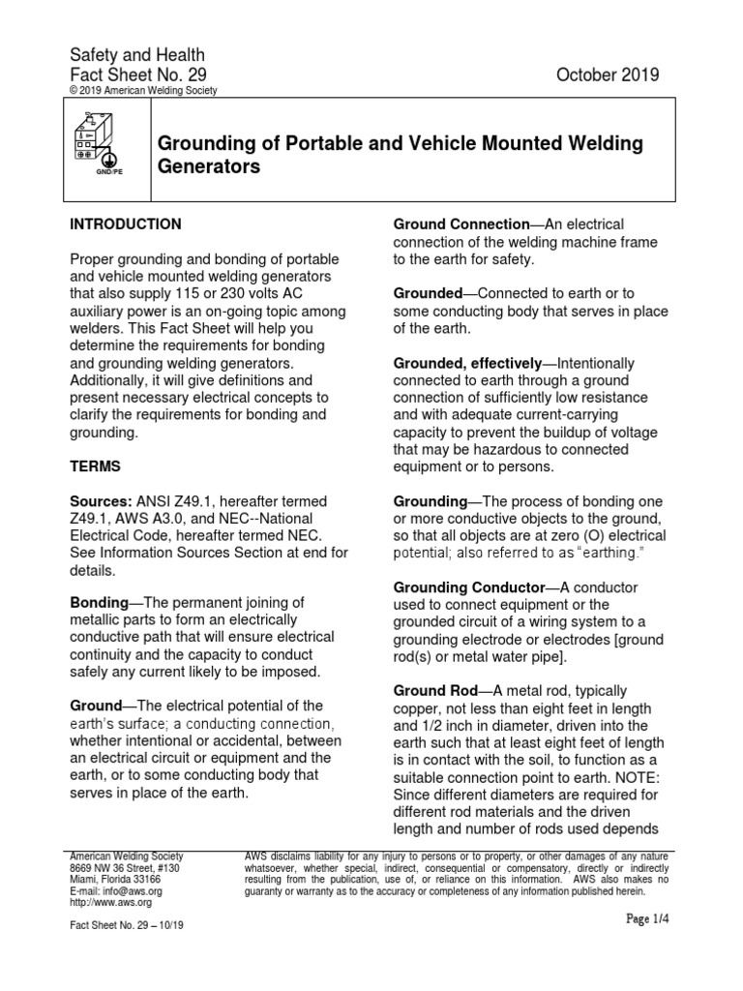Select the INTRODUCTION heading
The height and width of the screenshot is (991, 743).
pyautogui.click(x=126, y=225)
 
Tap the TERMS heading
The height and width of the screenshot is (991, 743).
pyautogui.click(x=96, y=465)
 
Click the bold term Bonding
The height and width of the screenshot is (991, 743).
pyautogui.click(x=101, y=601)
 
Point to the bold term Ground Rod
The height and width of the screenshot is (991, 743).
pyautogui.click(x=435, y=691)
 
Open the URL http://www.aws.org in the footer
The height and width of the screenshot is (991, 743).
pyautogui.click(x=111, y=902)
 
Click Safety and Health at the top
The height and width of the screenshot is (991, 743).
pyautogui.click(x=136, y=55)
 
